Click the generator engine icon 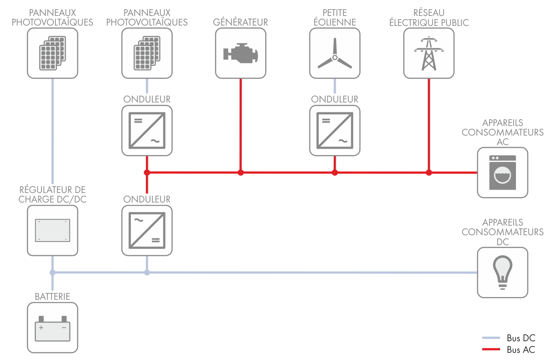pyautogui.click(x=240, y=53)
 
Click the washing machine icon pyautogui.click(x=502, y=173)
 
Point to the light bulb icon pyautogui.click(x=502, y=272)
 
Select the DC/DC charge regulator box pyautogui.click(x=53, y=230)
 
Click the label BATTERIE pyautogui.click(x=53, y=297)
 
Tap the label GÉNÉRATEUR pyautogui.click(x=240, y=22)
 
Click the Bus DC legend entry pyautogui.click(x=508, y=338)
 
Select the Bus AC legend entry pyautogui.click(x=508, y=350)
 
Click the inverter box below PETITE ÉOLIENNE pyautogui.click(x=335, y=130)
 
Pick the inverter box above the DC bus pyautogui.click(x=147, y=230)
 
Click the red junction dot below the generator pyautogui.click(x=240, y=173)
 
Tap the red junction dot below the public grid pyautogui.click(x=429, y=173)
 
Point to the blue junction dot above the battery pyautogui.click(x=53, y=273)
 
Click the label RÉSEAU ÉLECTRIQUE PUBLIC pyautogui.click(x=429, y=18)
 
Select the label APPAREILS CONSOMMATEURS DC pyautogui.click(x=502, y=232)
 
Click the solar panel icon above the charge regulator pyautogui.click(x=53, y=53)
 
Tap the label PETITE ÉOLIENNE pyautogui.click(x=335, y=18)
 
